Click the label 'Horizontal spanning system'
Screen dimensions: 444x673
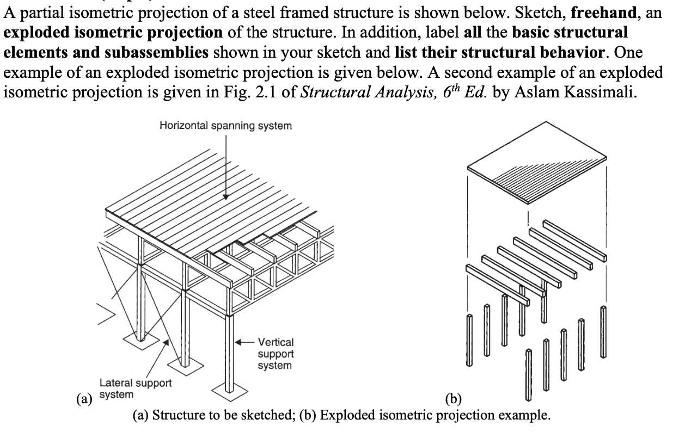click(x=225, y=126)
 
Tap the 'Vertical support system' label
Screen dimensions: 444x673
click(x=275, y=354)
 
